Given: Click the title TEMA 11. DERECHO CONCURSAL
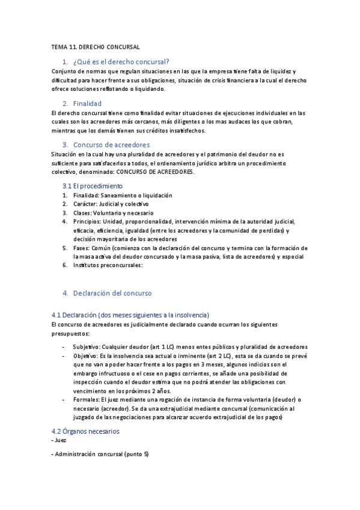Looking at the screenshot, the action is click(x=96, y=46).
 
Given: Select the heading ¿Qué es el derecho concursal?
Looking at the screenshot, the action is click(x=121, y=61).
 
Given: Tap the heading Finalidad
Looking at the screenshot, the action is click(x=87, y=103).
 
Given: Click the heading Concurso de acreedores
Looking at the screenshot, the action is click(x=111, y=145).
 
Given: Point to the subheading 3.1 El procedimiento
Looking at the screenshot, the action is click(x=96, y=186).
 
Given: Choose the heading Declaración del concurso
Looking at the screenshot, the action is click(x=112, y=293).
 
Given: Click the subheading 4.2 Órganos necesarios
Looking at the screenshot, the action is click(x=86, y=431).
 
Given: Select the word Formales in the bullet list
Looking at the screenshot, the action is click(x=86, y=399).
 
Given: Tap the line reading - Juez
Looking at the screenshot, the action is click(x=59, y=440).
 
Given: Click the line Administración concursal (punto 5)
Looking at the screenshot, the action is click(x=102, y=453).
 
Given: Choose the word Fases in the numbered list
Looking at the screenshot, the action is click(x=81, y=248).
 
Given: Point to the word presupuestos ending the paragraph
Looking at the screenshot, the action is click(x=70, y=333).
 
